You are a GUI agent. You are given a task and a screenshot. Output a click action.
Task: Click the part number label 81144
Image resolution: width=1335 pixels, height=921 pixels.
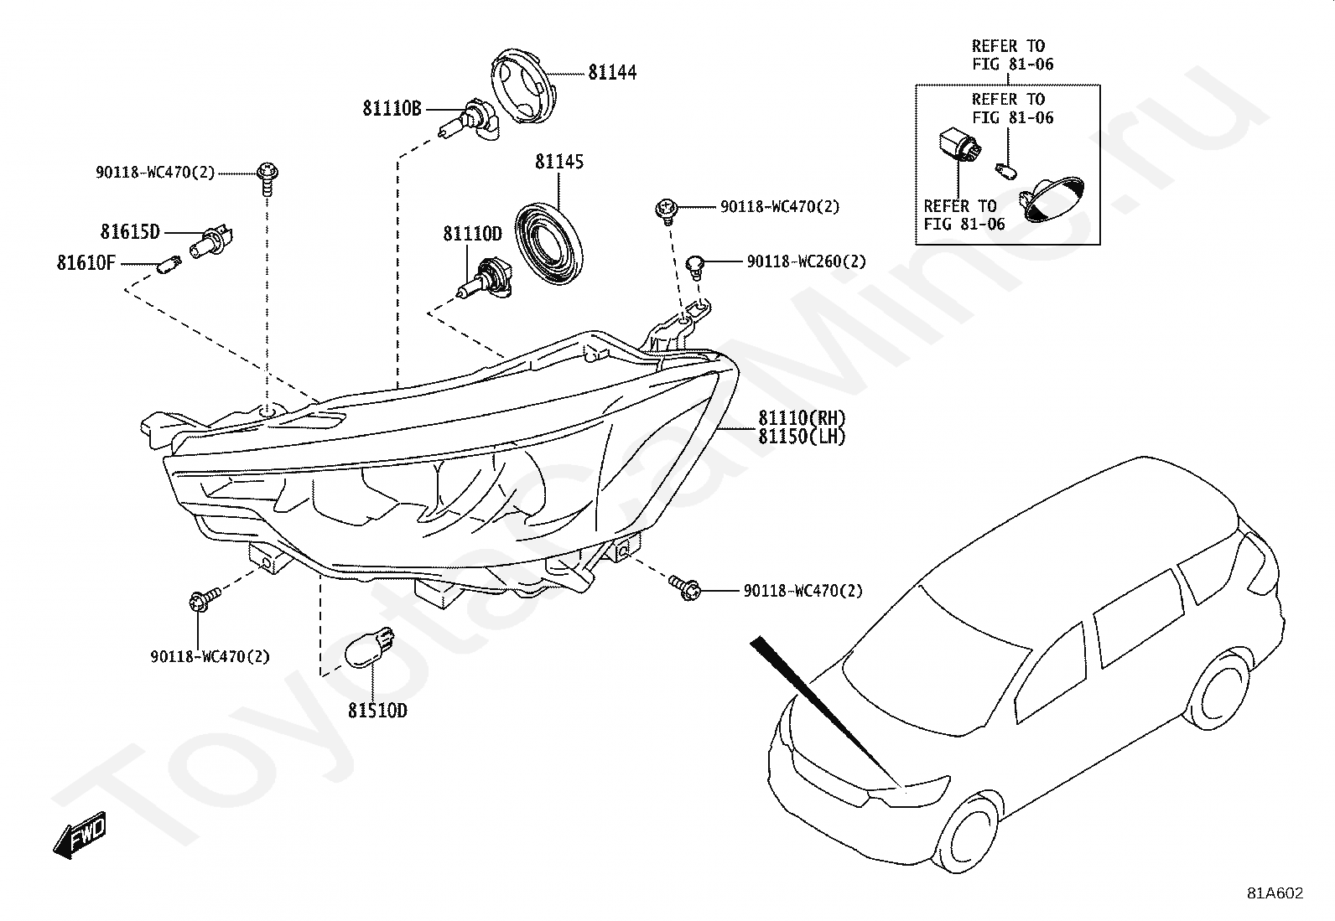click(612, 73)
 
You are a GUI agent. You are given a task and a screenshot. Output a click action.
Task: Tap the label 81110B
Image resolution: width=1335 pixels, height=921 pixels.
click(392, 108)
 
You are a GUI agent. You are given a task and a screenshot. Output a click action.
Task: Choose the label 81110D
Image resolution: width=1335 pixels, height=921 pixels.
click(472, 234)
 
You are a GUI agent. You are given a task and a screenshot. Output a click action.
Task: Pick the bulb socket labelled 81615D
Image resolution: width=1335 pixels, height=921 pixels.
click(211, 241)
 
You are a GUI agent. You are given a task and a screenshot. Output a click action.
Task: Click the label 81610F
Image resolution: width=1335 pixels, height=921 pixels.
click(86, 262)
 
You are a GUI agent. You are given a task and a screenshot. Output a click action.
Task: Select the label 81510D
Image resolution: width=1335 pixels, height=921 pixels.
click(377, 711)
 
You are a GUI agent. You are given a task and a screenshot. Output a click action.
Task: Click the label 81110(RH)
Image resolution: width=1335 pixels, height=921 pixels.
click(802, 418)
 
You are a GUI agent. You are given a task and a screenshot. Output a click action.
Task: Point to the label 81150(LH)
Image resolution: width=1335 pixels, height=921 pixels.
click(802, 437)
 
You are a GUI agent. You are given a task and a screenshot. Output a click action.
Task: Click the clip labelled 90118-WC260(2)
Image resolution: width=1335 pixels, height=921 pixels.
click(695, 266)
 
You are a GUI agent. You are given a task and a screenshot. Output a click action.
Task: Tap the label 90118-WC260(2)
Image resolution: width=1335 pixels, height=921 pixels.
click(807, 261)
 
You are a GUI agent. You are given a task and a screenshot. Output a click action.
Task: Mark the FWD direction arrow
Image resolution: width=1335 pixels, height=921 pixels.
click(80, 834)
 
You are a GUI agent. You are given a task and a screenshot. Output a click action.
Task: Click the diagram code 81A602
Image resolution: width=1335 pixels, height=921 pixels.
click(1275, 893)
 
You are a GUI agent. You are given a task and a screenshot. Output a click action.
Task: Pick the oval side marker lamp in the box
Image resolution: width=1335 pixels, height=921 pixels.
click(1052, 199)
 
